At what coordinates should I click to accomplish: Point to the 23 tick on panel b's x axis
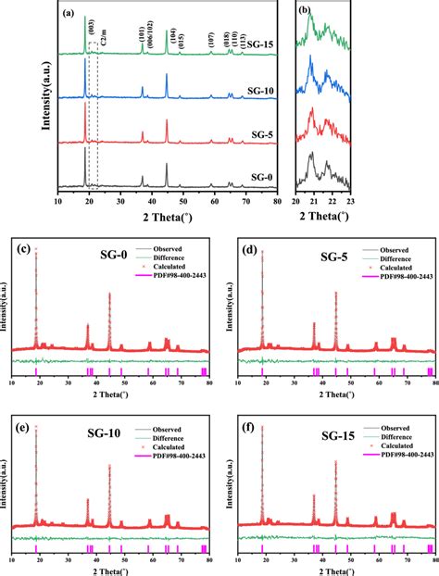tap(348, 199)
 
